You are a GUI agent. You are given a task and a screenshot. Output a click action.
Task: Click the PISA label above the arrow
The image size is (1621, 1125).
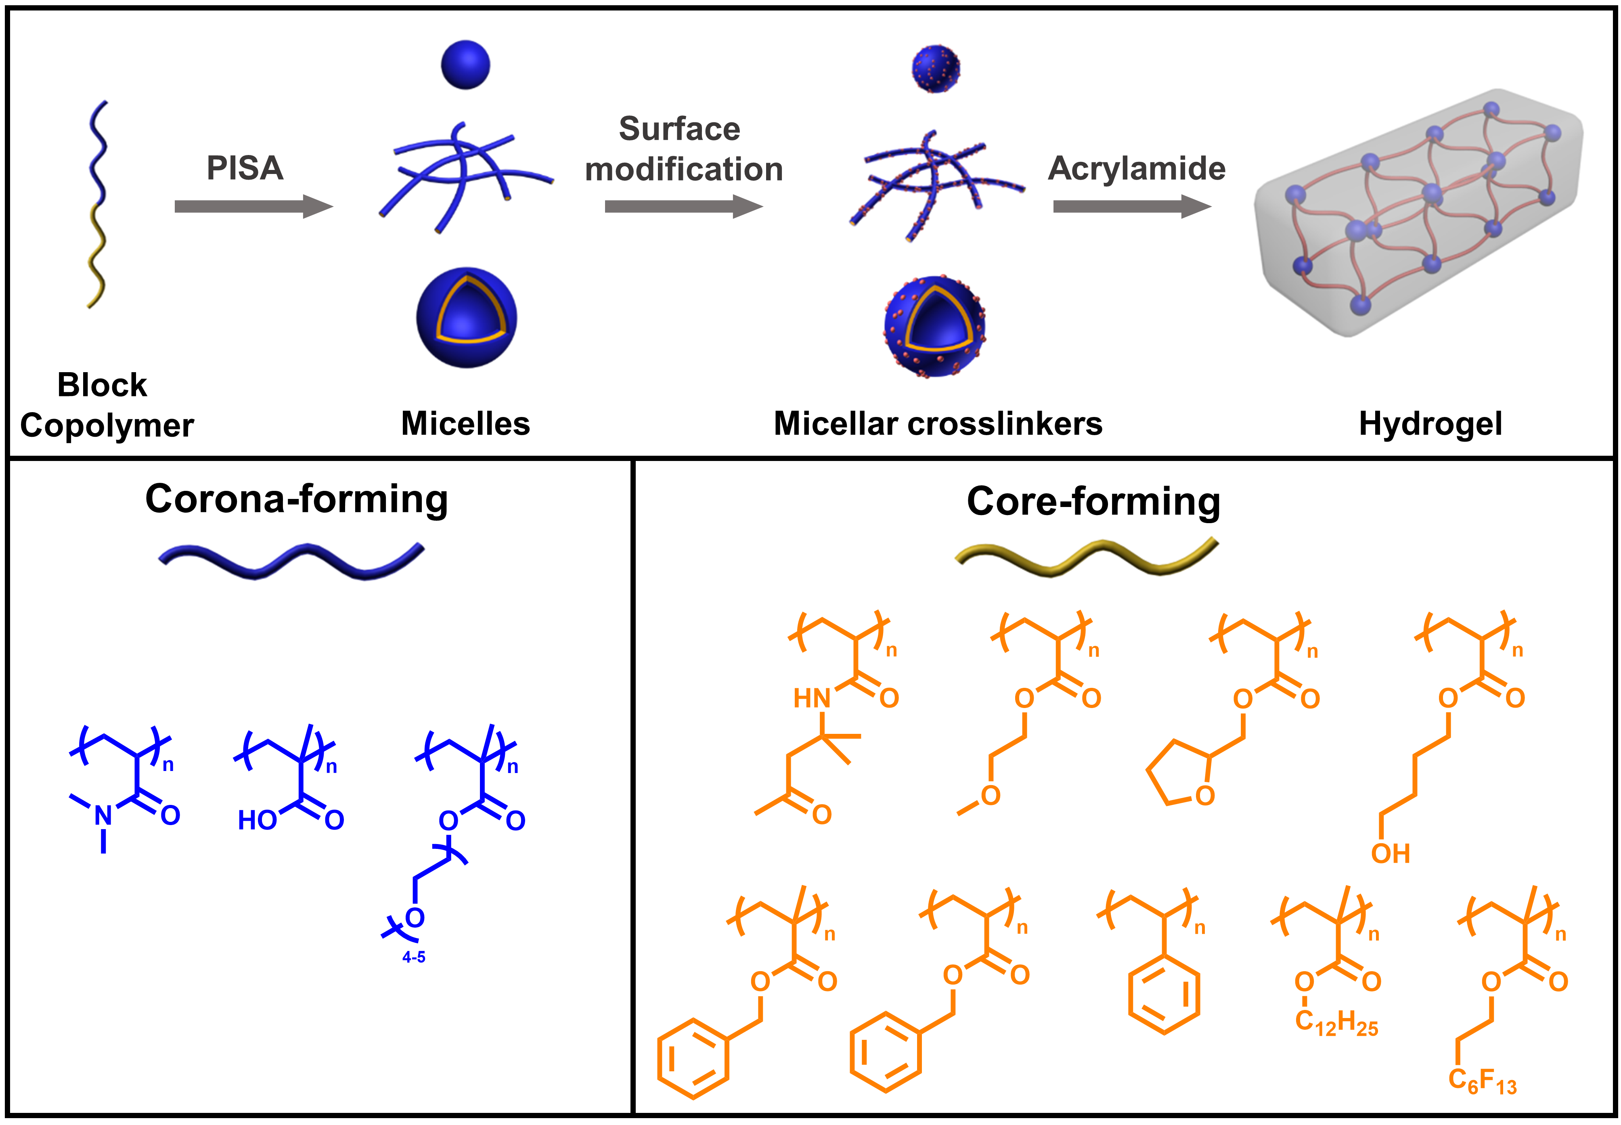tap(245, 168)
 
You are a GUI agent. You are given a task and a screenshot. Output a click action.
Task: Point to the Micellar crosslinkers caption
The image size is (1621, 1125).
tap(937, 423)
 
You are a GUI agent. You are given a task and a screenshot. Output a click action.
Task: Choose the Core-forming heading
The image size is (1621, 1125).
tap(1093, 501)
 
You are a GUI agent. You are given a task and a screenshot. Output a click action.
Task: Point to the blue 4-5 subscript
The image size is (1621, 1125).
tap(414, 957)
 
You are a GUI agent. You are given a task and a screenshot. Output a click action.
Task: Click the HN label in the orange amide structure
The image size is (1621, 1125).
tap(812, 699)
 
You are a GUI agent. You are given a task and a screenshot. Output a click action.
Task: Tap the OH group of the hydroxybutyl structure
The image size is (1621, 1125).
tap(1390, 854)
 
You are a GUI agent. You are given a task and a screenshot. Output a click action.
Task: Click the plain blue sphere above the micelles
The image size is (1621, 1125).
tap(465, 65)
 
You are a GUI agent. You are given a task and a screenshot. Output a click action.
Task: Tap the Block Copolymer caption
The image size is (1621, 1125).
tap(106, 405)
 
